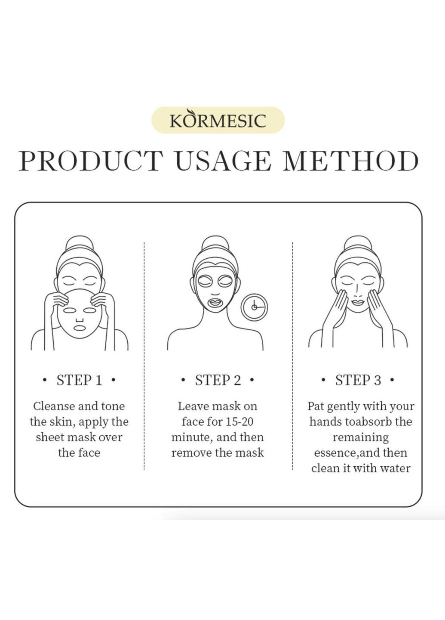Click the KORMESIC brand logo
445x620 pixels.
pos(218,120)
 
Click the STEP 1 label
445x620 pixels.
pos(80,380)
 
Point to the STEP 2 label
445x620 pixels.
pos(218,380)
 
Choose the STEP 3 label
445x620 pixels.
pos(358,380)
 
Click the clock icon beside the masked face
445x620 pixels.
pos(254,307)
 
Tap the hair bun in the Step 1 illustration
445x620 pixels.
pos(80,244)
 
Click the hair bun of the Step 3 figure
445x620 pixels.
pos(358,244)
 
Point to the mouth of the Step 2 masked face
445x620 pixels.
pos(215,301)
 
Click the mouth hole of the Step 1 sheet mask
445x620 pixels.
pos(79,328)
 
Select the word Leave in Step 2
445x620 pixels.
pos(192,406)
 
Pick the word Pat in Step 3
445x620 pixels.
pos(316,406)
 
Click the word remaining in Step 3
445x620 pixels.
pos(360,437)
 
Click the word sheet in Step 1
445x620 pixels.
pos(50,437)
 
